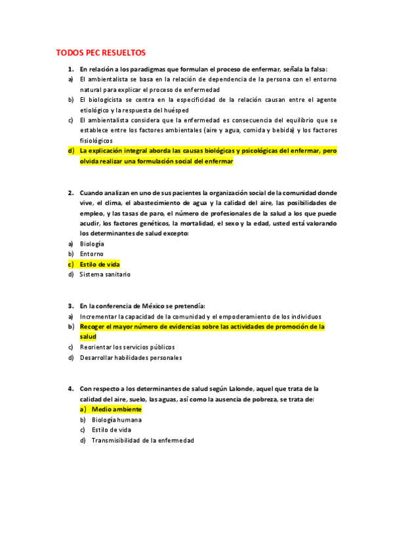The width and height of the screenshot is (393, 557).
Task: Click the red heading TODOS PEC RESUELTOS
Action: [101, 52]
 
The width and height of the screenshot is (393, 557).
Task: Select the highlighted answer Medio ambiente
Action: [116, 409]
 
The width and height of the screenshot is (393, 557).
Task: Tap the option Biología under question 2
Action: [92, 243]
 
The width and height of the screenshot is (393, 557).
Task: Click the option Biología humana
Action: [117, 419]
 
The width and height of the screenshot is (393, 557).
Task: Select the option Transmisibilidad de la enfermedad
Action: [143, 440]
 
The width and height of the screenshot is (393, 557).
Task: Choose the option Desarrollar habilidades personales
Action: [131, 357]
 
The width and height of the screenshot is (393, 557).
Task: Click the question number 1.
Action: [70, 69]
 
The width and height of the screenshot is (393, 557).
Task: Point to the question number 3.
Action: [70, 305]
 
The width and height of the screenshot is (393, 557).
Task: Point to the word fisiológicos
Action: [96, 140]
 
